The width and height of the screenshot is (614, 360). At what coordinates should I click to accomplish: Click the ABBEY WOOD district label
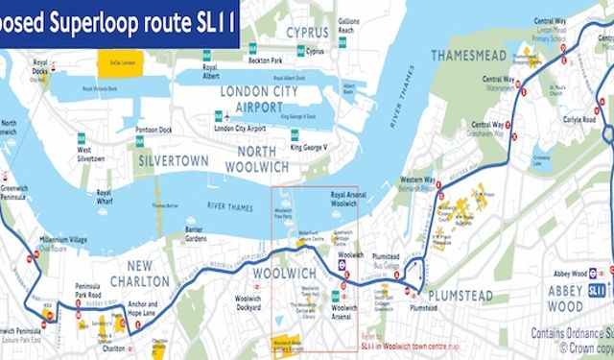[x=565, y=297]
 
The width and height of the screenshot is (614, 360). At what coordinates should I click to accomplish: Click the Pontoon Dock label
[x=154, y=129]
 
